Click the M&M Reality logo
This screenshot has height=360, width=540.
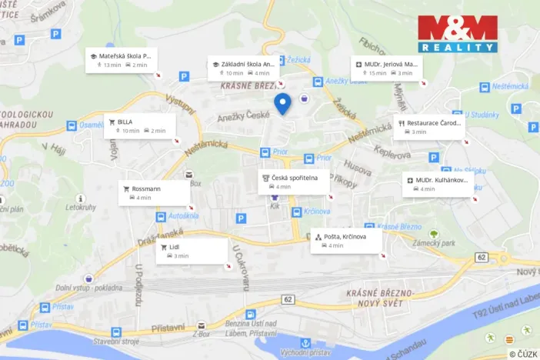(x=458, y=33)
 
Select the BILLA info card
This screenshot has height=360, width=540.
(x=140, y=126)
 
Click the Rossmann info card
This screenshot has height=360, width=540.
(x=154, y=193)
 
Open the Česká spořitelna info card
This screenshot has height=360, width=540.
(x=295, y=182)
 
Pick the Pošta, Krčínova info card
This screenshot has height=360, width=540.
(x=347, y=241)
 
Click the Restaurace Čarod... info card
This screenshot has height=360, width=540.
(x=431, y=127)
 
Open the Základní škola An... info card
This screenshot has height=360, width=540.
(x=247, y=68)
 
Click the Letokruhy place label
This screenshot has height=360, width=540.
(x=80, y=207)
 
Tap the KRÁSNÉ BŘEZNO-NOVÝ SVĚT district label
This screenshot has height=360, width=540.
(x=380, y=298)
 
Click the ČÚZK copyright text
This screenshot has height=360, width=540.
(x=523, y=354)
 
